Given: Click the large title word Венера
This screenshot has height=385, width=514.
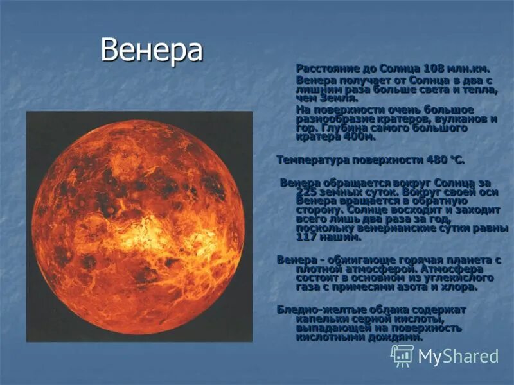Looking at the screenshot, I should (151, 51).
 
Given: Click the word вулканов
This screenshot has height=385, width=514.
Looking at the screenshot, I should (461, 119).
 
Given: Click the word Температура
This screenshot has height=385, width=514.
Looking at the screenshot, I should (312, 158).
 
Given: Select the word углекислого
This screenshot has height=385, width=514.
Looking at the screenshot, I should (458, 278).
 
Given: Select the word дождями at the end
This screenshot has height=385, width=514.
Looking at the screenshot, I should (399, 338).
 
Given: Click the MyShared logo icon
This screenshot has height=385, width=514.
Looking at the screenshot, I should (402, 355).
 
